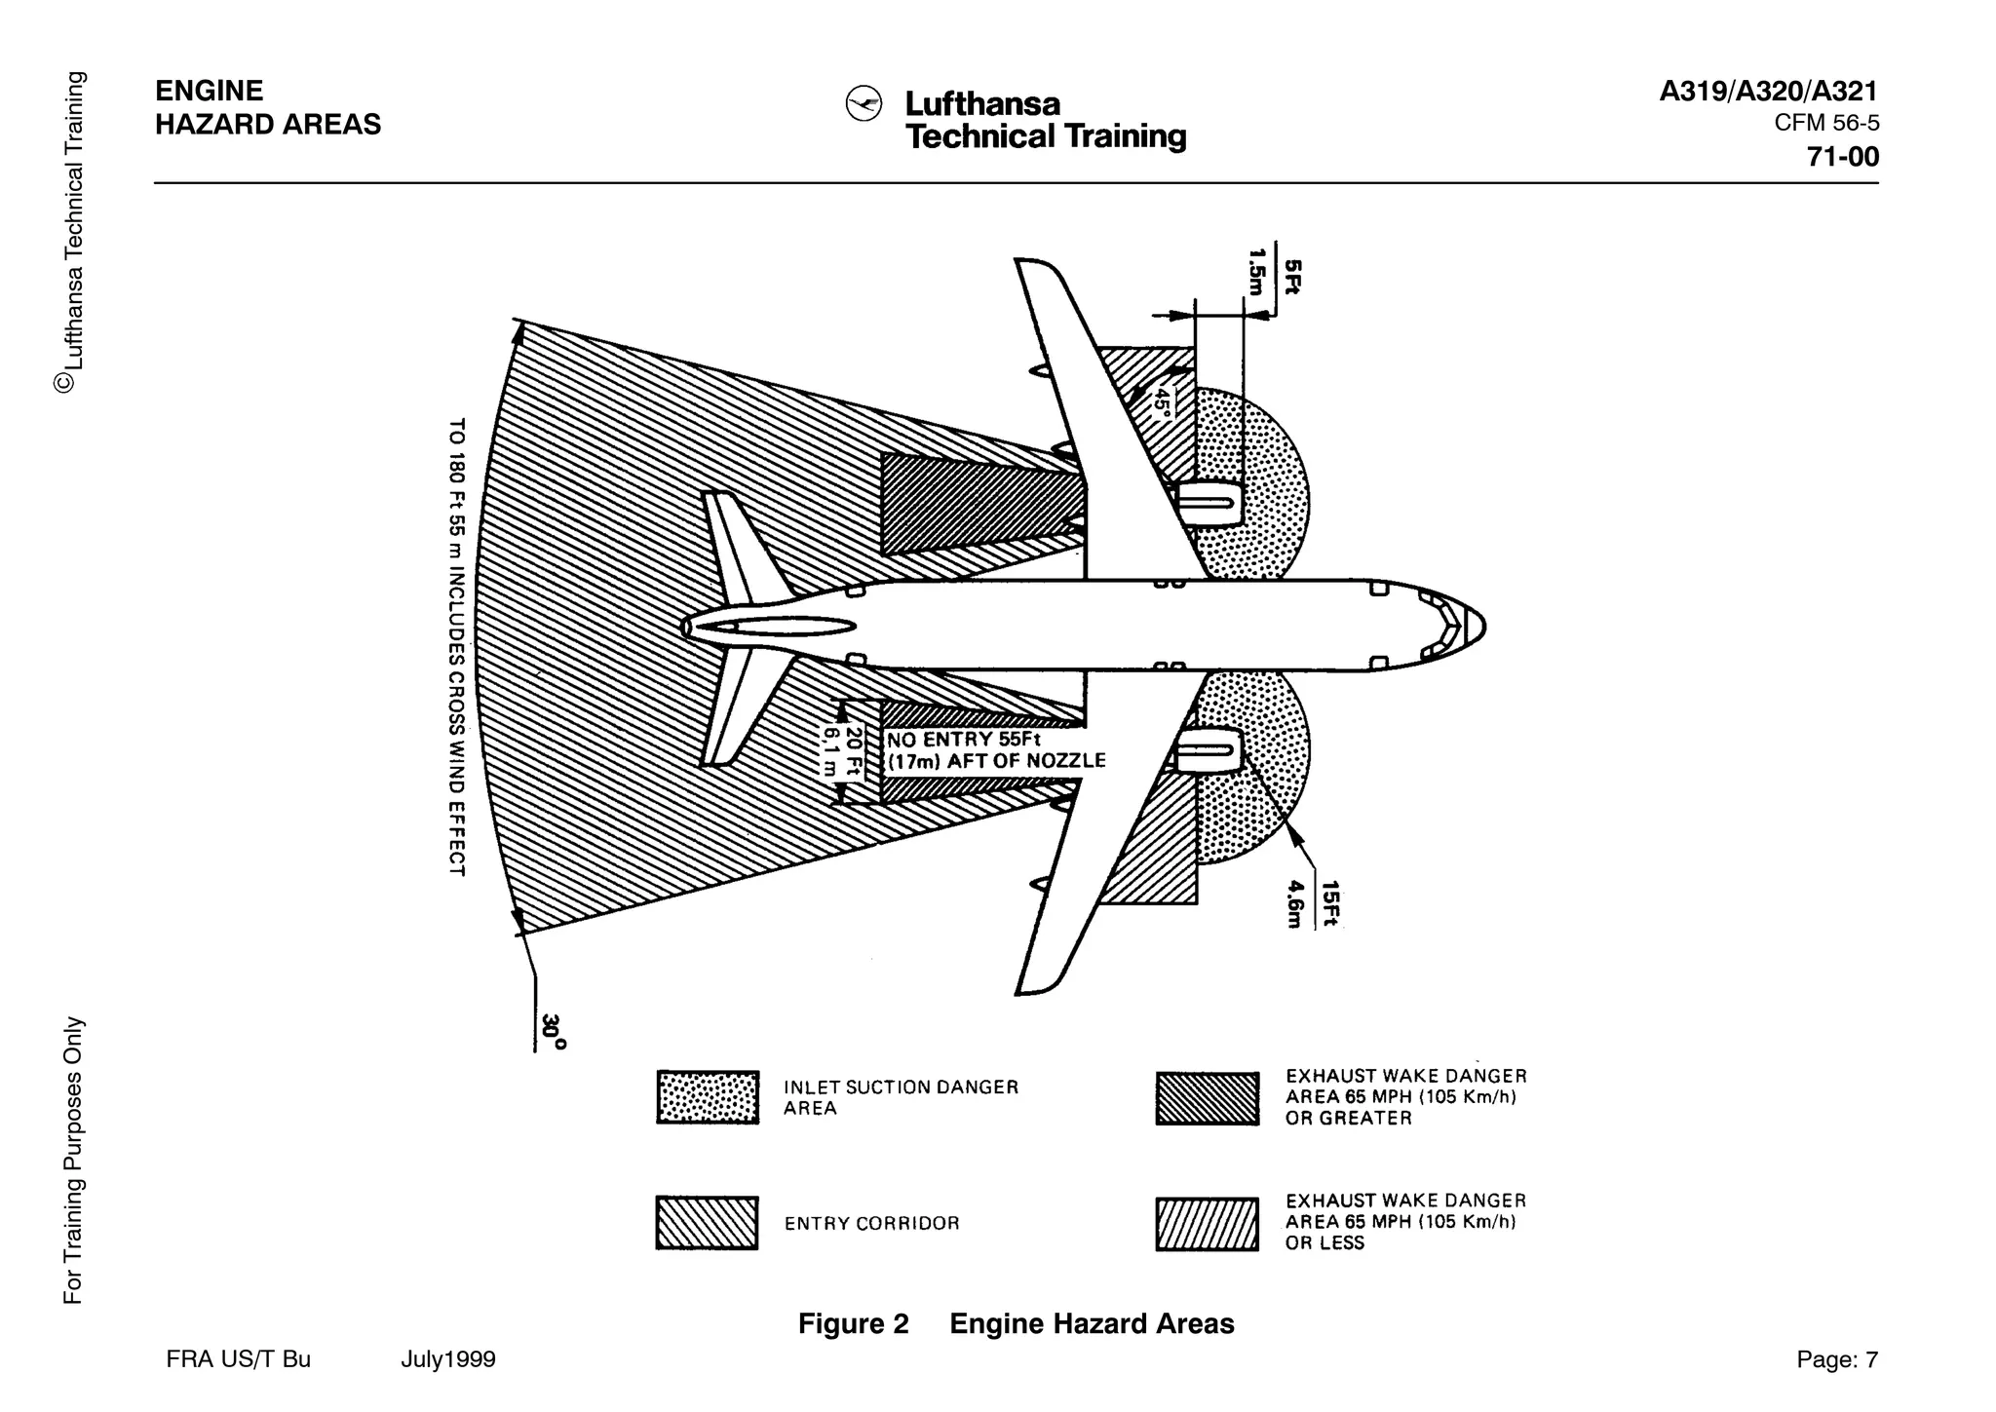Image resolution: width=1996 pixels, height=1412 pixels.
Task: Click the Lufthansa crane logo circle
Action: pos(864,103)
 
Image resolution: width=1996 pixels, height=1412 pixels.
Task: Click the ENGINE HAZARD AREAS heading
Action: pos(267,107)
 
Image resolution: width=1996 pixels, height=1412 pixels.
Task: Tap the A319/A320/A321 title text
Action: pos(1768,92)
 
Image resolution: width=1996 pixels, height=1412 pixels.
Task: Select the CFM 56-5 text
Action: pos(1825,124)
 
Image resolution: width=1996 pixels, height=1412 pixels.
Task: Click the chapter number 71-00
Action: pos(1842,157)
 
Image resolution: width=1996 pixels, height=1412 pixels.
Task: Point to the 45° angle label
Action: pos(1162,402)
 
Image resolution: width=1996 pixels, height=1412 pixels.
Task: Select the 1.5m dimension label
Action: pos(1257,272)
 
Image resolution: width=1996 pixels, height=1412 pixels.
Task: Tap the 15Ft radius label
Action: pos(1329,903)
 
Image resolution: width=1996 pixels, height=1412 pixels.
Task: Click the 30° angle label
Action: pos(553,1031)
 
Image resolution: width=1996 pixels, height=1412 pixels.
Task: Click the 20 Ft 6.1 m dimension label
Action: pos(842,751)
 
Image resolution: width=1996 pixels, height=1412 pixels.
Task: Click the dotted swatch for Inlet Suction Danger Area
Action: pos(708,1097)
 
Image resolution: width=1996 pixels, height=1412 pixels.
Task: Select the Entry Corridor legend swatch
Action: pos(707,1223)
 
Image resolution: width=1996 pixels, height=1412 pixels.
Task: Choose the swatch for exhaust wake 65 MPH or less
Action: pos(1207,1224)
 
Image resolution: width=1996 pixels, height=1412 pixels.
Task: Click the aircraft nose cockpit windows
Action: pos(1446,626)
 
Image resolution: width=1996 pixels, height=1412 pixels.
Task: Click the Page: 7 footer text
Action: pos(1836,1359)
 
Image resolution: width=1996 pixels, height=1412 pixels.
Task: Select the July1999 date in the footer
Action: pos(447,1359)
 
